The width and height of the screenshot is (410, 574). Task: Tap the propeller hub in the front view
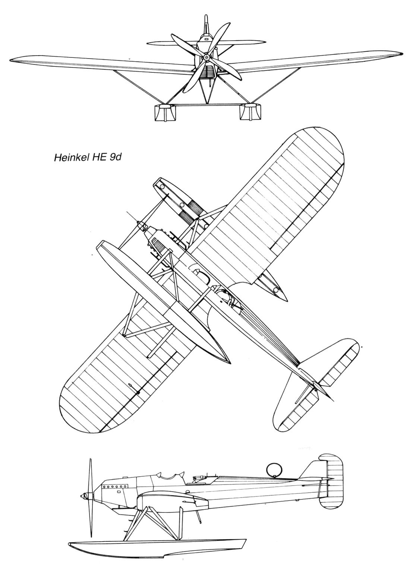(x=205, y=59)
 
